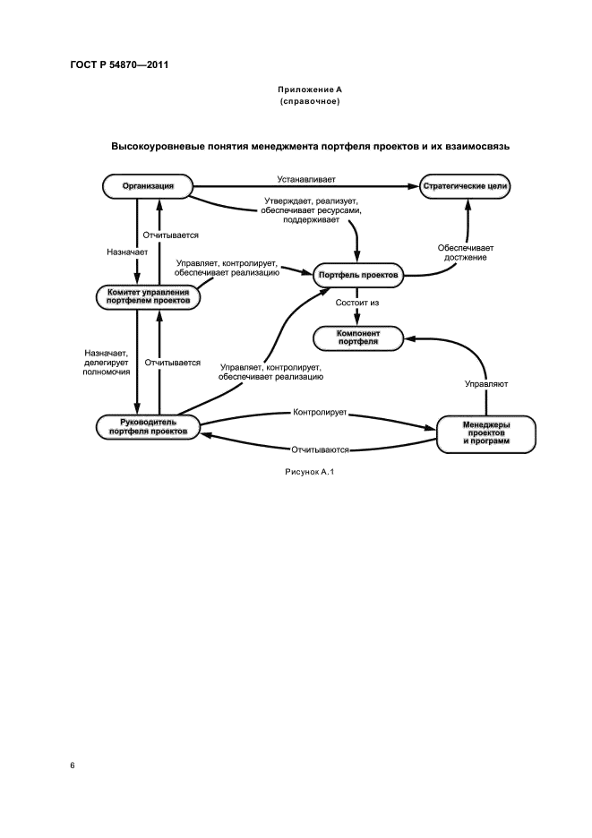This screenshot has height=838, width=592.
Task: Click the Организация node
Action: point(147,186)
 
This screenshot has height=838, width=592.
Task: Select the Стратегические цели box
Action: point(464,186)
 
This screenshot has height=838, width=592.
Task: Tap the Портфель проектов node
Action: point(358,275)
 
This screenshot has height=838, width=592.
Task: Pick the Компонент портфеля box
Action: point(357,338)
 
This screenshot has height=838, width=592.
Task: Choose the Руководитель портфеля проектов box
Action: point(147,426)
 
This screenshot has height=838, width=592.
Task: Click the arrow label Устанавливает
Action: point(305,179)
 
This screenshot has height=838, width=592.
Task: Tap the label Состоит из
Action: point(357,304)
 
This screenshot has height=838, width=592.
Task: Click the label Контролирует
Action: point(320,414)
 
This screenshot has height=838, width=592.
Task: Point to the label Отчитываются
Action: point(320,449)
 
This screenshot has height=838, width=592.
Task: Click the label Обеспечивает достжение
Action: point(466,252)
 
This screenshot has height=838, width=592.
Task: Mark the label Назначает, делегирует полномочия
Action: point(107,362)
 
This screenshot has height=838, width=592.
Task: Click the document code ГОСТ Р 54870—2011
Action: point(119,65)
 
